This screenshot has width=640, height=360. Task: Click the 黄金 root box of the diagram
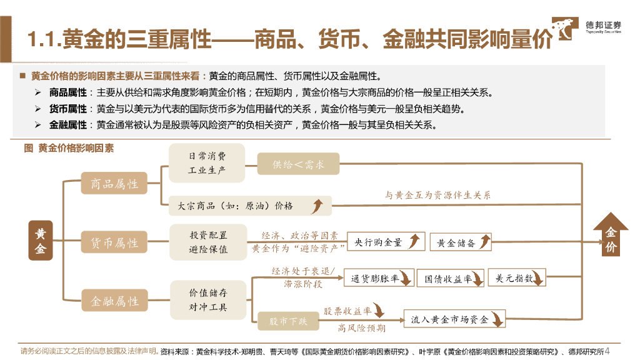pos(41,241)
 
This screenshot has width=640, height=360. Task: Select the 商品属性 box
pos(114,184)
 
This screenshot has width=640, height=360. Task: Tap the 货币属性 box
pos(114,242)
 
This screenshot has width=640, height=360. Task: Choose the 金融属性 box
pos(114,301)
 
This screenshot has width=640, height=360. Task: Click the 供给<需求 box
pos(298,164)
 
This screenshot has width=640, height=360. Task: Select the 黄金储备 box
pos(460,242)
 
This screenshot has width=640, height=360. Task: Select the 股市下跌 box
pos(288,321)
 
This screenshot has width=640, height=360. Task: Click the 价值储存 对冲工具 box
pos(208,300)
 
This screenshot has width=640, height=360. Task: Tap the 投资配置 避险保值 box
pos(208,242)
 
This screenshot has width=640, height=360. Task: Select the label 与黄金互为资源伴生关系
pos(437,195)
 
